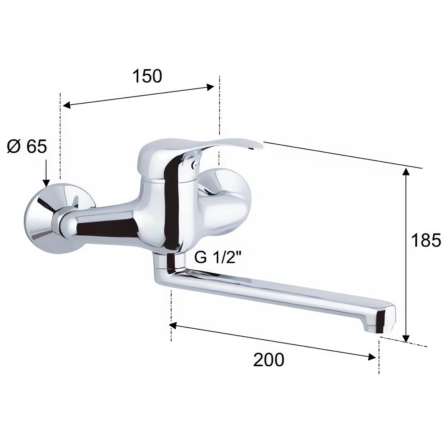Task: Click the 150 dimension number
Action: (147, 76)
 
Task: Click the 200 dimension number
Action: (269, 359)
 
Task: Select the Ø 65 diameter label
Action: (27, 147)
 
